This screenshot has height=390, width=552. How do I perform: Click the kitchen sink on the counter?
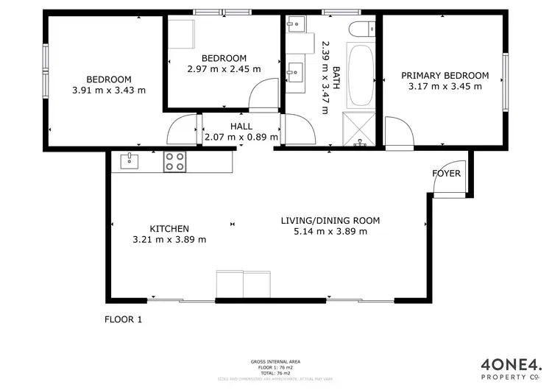[x=130, y=160]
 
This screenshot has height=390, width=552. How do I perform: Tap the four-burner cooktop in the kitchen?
[x=174, y=161]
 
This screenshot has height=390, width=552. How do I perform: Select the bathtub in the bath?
[x=360, y=76]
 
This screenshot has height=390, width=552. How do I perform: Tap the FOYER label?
[x=446, y=174]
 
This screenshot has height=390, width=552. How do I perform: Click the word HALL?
[x=241, y=126]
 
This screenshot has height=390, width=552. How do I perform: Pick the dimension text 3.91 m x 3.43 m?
[x=109, y=91]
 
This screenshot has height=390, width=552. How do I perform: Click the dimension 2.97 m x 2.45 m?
[x=224, y=69]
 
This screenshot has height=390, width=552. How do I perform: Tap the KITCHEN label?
[x=169, y=229]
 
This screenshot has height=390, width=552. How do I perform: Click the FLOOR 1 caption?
[x=122, y=319]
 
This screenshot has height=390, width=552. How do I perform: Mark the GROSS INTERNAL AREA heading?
[x=275, y=361]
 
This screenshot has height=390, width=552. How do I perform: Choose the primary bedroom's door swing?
[x=397, y=132]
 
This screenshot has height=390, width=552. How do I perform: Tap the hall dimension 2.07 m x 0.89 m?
[x=241, y=137]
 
